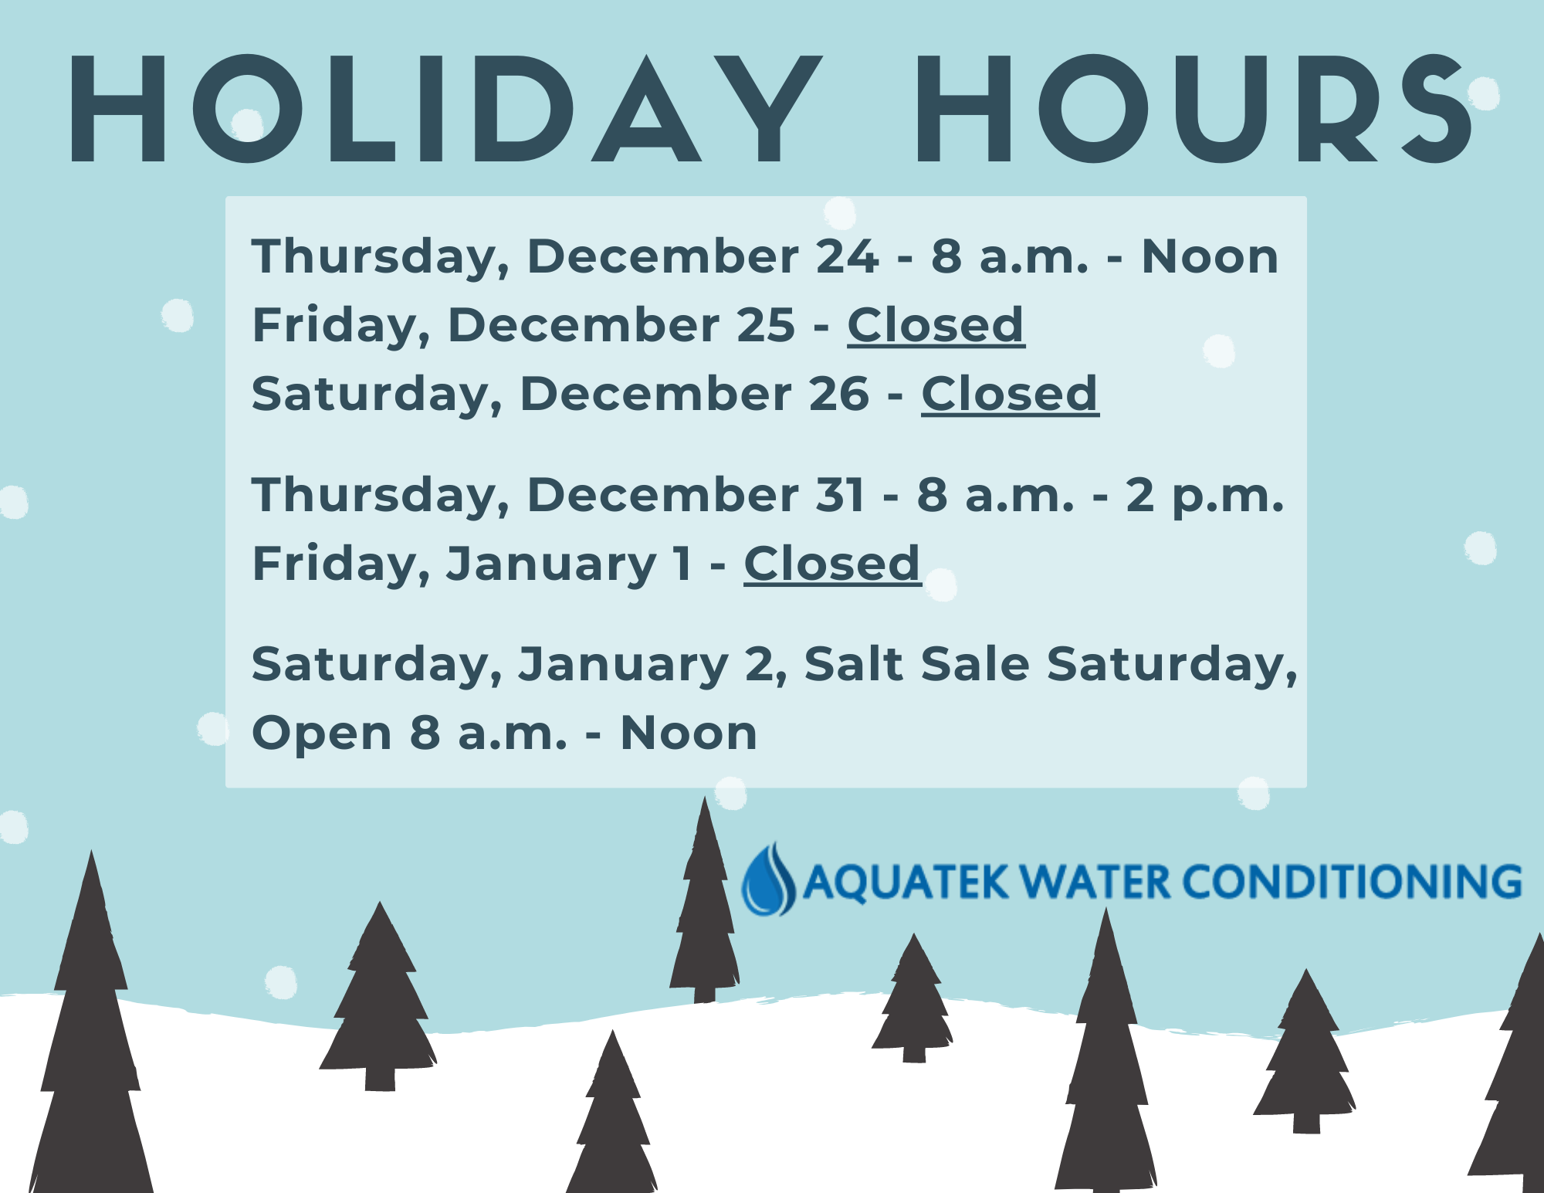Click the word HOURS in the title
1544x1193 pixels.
1194,109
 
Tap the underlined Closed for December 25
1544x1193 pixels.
936,325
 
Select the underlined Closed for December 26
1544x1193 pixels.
1010,394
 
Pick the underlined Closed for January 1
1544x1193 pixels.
832,564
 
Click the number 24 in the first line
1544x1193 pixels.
848,256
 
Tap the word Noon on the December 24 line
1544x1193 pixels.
1210,256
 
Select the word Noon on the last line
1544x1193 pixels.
689,733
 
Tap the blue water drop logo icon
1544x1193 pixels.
768,879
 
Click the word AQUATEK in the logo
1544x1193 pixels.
906,883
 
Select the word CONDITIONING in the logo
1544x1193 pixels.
1352,882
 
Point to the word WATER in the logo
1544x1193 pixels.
1094,882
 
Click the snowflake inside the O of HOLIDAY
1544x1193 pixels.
248,124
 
